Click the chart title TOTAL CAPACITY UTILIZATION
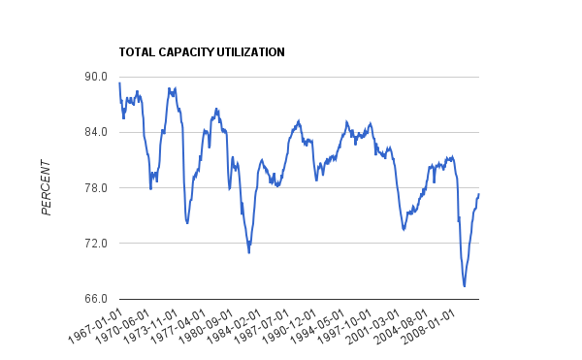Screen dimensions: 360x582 click(x=201, y=52)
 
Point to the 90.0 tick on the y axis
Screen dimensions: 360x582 click(x=94, y=77)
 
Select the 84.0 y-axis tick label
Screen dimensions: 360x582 click(x=94, y=133)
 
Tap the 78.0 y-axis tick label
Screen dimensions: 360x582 click(x=94, y=188)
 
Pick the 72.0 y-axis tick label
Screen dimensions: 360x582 click(x=94, y=244)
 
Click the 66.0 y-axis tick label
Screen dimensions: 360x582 click(x=94, y=299)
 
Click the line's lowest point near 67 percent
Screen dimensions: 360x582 click(x=465, y=286)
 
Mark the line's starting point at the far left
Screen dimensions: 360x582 click(x=119, y=83)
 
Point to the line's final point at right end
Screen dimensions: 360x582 click(x=479, y=194)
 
